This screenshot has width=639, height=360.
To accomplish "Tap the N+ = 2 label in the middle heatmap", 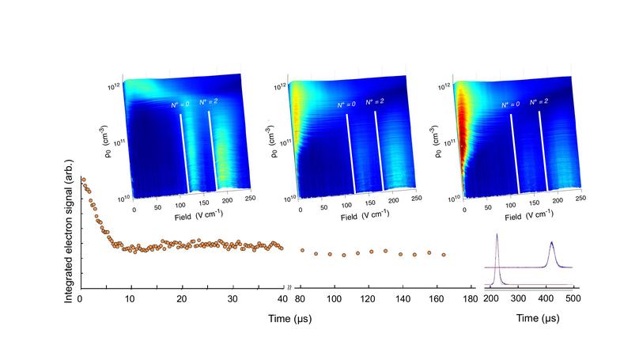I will point(373,103).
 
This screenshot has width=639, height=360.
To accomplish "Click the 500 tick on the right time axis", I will point(574,299).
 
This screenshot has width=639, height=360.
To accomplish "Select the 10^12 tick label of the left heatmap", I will point(115,84).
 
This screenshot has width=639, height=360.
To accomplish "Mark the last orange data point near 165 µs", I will point(444,255).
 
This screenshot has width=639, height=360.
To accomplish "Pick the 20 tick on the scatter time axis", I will point(181,299).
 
